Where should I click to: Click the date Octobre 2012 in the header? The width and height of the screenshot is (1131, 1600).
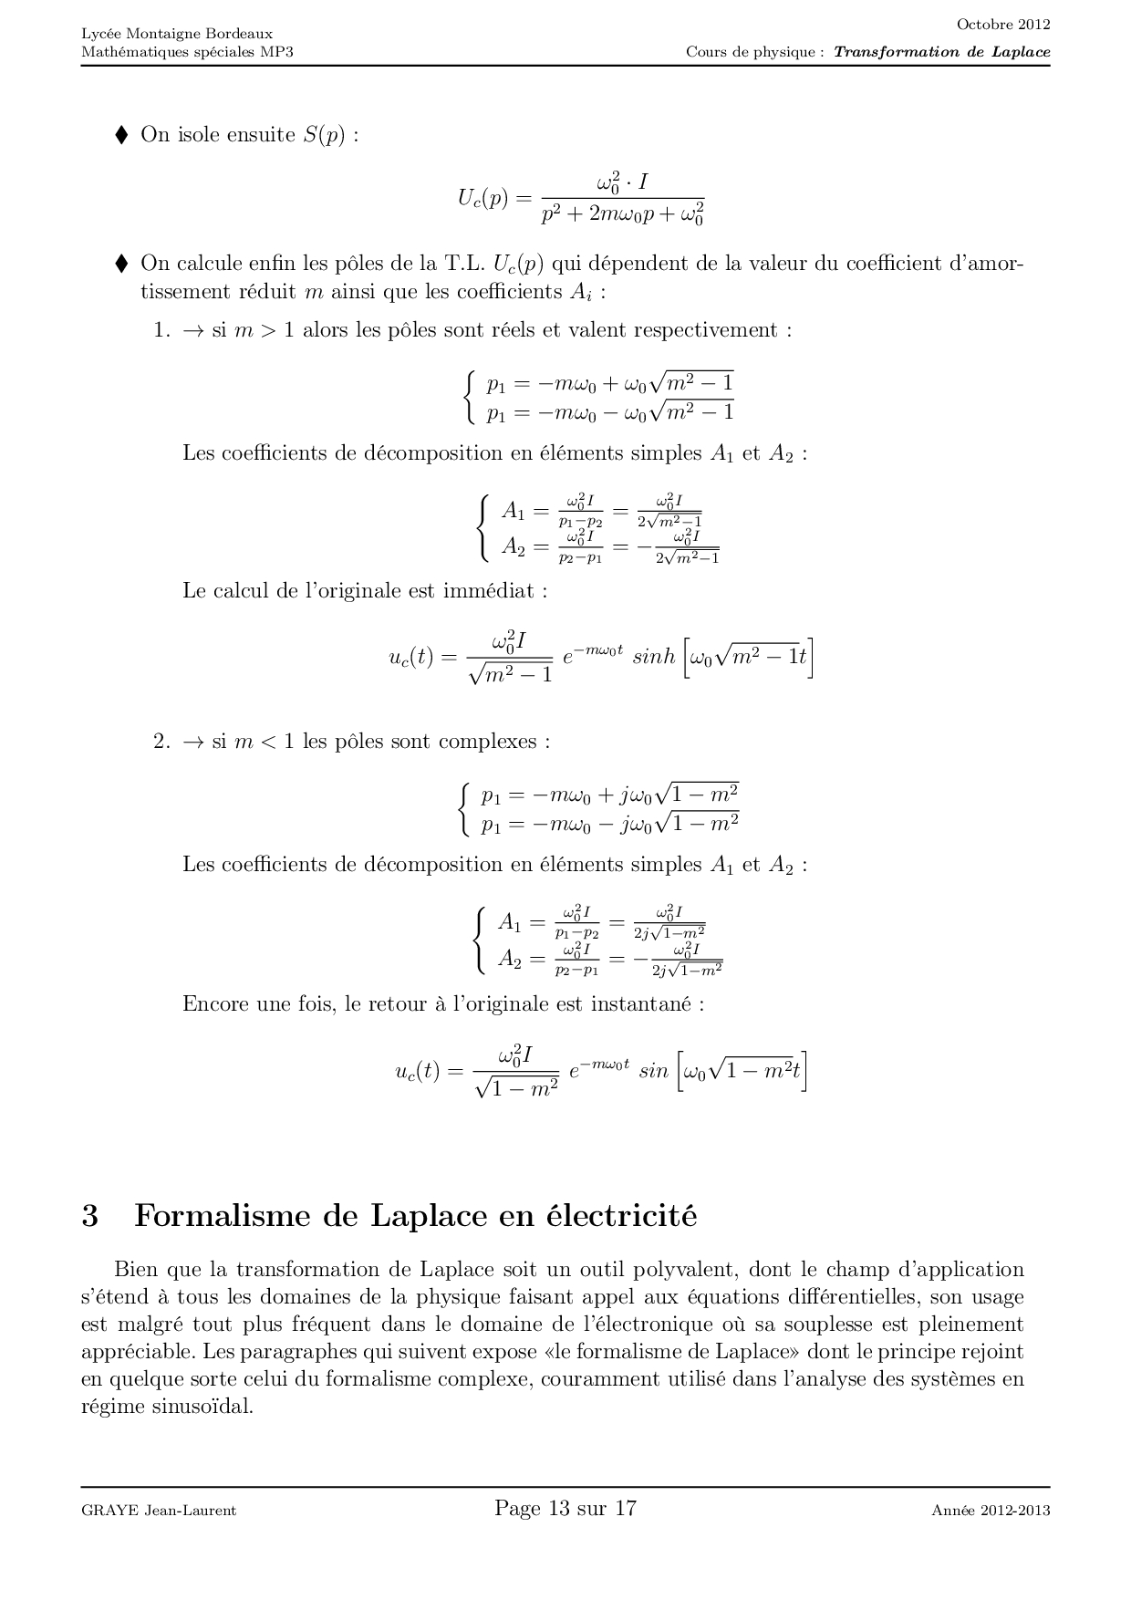pos(1002,25)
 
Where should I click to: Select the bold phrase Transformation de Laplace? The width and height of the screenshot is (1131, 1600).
pos(941,52)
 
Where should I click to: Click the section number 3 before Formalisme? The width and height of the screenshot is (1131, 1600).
pos(90,1216)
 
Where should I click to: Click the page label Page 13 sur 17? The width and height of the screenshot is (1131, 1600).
pos(565,1508)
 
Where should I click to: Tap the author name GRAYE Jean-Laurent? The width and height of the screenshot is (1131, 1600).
pos(159,1511)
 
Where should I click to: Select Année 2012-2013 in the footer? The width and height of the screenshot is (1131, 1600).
pos(990,1511)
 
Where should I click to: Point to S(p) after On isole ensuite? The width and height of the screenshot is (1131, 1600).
pos(324,135)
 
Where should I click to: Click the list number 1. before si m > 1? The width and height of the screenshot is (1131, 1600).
pos(161,330)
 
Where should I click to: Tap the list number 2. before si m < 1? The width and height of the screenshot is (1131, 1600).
pos(161,742)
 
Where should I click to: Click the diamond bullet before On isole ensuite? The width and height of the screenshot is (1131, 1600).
pos(122,135)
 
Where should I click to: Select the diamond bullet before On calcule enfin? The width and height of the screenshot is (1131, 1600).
pos(122,265)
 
